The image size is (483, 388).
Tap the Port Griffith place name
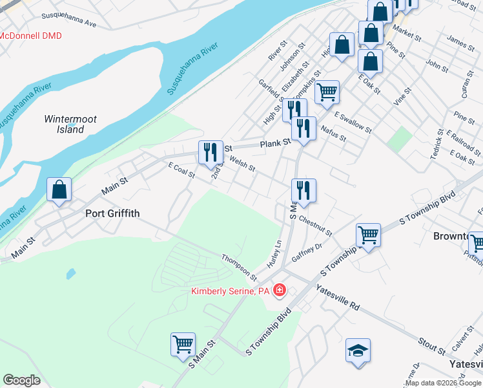coord(113,213)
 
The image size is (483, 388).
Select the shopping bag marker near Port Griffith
coord(59,190)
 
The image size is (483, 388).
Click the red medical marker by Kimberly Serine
coord(280,290)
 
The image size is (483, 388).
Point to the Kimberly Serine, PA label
coord(230,291)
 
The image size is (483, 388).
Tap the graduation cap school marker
coord(358,351)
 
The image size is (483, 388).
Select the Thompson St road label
coord(239,267)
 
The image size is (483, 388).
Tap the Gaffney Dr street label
coord(307,252)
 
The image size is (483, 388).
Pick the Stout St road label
coord(432,346)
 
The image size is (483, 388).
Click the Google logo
coord(21,380)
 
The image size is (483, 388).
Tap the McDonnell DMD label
coord(30,36)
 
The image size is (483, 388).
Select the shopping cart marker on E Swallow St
coord(327,92)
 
